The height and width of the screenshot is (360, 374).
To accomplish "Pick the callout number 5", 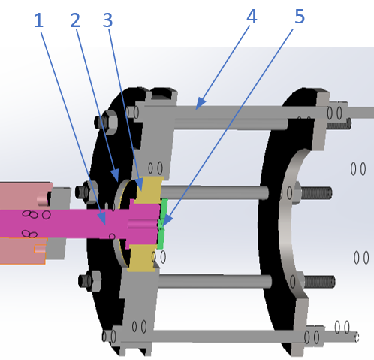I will (x=299, y=17).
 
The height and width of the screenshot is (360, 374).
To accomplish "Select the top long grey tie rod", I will (x=248, y=112).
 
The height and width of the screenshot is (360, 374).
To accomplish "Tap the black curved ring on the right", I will (x=278, y=225).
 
